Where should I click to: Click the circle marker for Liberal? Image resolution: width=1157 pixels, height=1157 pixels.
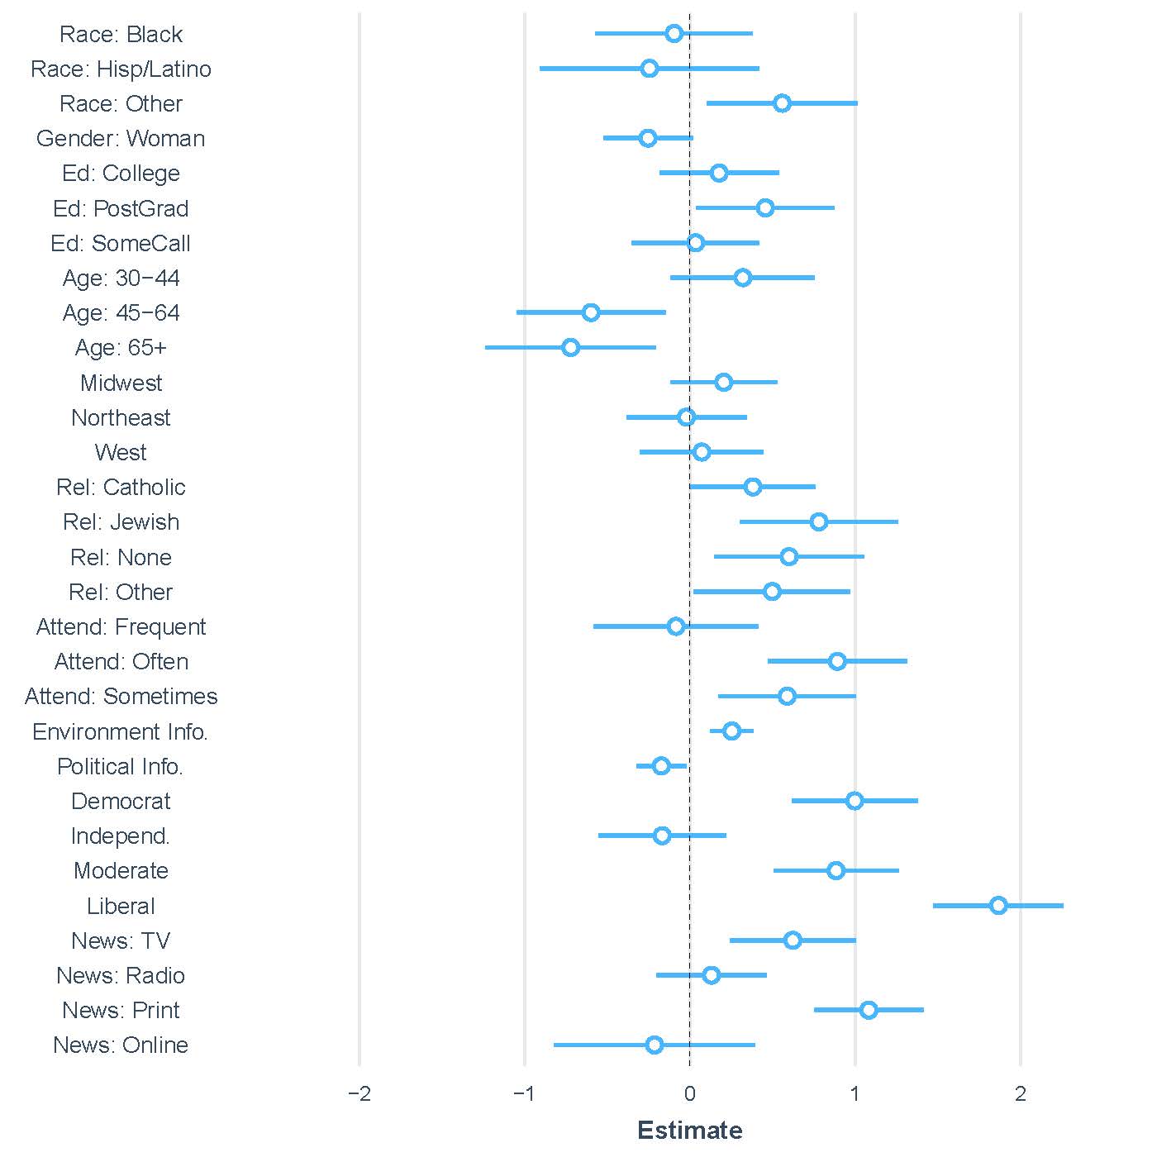[998, 905]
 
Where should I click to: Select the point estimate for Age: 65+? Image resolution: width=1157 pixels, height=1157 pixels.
[570, 347]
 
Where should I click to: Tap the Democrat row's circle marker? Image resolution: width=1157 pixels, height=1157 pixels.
[855, 801]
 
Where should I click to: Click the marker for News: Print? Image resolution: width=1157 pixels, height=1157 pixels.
[869, 1010]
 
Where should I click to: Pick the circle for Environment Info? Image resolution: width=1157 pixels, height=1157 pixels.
[731, 731]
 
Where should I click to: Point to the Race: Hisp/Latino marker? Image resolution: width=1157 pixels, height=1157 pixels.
[650, 68]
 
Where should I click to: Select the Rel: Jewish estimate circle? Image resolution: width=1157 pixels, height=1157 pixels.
[819, 521]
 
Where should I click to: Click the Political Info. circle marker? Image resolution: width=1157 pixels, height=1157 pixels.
[661, 766]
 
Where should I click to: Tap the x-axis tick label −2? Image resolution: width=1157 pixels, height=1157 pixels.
[359, 1094]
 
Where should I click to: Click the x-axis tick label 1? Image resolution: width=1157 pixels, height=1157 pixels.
[855, 1094]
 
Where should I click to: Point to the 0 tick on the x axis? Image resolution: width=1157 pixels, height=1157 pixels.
[690, 1094]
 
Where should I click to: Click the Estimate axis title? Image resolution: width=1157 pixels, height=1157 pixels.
[690, 1131]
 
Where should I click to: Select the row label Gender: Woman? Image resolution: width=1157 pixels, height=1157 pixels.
[121, 138]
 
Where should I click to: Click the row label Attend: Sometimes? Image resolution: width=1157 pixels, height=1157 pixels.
[121, 696]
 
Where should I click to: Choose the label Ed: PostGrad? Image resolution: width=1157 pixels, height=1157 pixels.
[121, 208]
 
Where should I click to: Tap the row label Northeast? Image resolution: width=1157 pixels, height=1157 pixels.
[121, 417]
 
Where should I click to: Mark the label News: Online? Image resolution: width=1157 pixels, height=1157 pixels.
[121, 1045]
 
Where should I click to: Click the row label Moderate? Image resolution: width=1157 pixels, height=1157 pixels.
[121, 870]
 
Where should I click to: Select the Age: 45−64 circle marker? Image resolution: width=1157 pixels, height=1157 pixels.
[591, 312]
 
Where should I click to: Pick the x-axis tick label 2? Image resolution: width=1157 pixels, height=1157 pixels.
[1021, 1094]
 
